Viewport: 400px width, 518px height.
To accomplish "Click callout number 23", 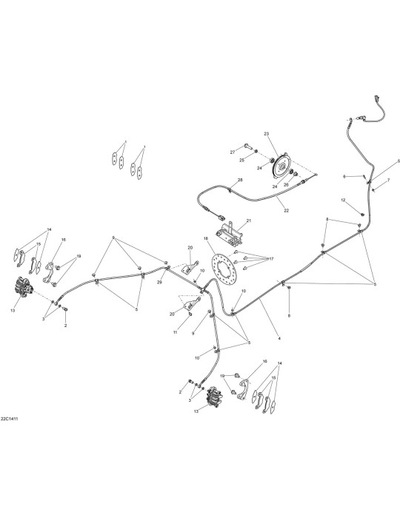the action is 267,134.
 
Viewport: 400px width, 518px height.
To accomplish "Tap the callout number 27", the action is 233,152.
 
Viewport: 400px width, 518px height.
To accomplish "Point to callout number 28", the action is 240,180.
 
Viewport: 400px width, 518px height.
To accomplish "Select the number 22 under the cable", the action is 286,210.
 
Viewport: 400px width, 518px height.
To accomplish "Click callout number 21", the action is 249,221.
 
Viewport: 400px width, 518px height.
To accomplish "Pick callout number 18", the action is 206,238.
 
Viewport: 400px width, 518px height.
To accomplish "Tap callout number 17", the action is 271,259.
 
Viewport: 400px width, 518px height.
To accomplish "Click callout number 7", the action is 388,180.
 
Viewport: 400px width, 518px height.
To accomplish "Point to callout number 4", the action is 279,339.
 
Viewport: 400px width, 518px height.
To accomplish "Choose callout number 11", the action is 176,332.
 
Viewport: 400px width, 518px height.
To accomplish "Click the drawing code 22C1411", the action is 9,419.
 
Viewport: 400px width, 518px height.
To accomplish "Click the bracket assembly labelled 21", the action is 229,235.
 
